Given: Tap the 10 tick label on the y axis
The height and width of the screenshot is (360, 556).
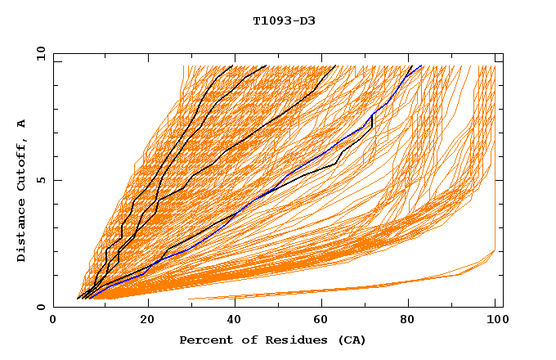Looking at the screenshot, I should coord(39,52).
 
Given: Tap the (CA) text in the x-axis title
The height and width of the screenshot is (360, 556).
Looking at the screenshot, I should coord(350,340).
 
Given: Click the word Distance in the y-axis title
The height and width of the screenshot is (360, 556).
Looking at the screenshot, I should coord(22,230).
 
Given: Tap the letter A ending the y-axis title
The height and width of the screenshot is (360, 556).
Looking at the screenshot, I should coord(22,124).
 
